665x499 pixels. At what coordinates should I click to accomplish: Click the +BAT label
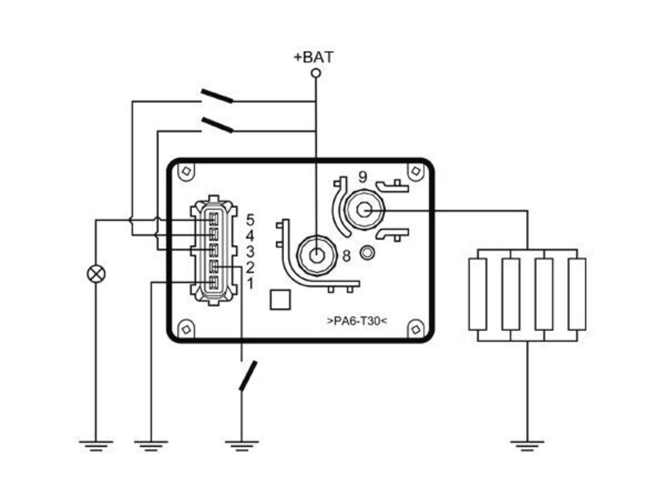(314, 57)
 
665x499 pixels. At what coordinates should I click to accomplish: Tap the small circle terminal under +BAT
(316, 73)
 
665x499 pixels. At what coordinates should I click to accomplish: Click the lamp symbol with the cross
(96, 274)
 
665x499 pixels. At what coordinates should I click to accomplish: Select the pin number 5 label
(250, 220)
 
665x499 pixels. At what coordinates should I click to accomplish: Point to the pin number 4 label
(250, 235)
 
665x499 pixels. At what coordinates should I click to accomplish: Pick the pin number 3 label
(250, 251)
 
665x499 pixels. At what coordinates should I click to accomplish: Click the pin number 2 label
(250, 267)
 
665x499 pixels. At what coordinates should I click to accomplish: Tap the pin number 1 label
(250, 283)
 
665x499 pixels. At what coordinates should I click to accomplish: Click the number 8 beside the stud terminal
(347, 256)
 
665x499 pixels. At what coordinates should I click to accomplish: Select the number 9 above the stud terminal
(363, 177)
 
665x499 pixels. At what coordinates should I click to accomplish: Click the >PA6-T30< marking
(357, 321)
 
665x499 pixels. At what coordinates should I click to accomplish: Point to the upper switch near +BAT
(217, 96)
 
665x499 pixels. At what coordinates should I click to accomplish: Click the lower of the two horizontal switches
(217, 125)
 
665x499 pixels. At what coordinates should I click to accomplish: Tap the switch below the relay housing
(248, 375)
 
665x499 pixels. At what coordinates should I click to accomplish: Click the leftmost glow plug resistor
(477, 294)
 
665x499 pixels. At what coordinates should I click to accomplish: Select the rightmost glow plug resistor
(577, 294)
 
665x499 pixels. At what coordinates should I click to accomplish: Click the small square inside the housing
(280, 299)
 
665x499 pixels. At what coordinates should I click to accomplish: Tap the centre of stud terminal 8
(316, 256)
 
